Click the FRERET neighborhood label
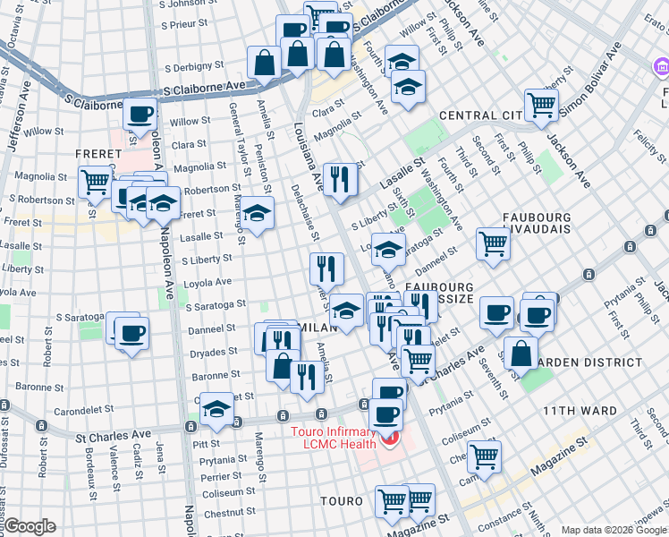[x=98, y=154]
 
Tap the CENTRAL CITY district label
[x=480, y=115]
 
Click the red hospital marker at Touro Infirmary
[x=388, y=439]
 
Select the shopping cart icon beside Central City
[x=541, y=105]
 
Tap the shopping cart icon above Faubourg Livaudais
[x=493, y=243]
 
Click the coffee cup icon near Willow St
[x=140, y=114]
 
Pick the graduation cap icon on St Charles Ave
[x=216, y=409]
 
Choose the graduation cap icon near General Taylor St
[x=257, y=214]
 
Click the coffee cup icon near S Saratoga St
[x=132, y=333]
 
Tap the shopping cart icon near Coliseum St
[x=484, y=456]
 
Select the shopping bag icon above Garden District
[x=520, y=353]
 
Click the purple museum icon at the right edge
[x=661, y=67]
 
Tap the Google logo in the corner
[x=30, y=525]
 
